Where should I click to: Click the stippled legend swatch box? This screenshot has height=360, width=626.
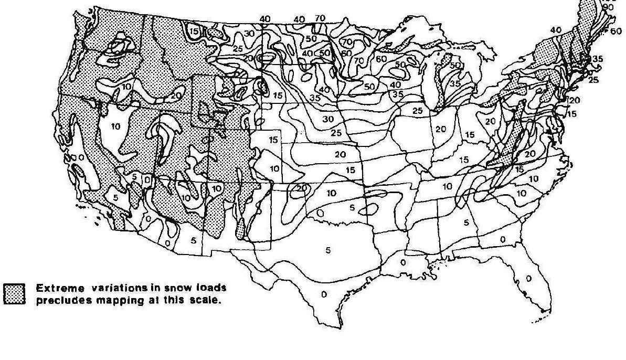pos(15,293)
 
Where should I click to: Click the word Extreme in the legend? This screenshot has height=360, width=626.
pos(55,288)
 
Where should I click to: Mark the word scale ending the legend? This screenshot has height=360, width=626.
pos(200,301)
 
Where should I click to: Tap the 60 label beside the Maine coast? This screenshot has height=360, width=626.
pos(616,31)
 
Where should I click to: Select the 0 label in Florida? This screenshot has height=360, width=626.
pos(528,278)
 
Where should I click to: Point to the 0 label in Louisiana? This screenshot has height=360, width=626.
pos(403,262)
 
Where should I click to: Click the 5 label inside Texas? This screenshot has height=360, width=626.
pos(328,251)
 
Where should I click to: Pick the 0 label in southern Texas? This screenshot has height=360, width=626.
pos(324,294)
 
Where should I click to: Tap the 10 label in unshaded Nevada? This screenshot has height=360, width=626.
pos(116,126)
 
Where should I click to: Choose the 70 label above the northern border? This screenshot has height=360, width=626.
pos(320,18)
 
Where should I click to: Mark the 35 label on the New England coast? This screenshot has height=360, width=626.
pos(597,59)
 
